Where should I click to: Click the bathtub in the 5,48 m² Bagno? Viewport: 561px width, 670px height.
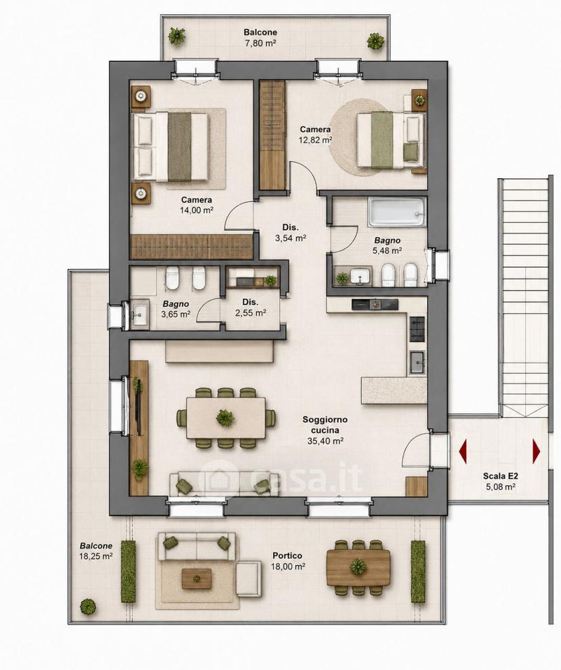point(397,212)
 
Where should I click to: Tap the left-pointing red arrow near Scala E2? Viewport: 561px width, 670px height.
point(463,451)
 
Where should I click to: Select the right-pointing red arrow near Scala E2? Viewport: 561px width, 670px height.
point(537,451)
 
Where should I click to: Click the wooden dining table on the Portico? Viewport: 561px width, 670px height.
point(358,567)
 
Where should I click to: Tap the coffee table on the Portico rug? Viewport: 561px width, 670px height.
point(196,579)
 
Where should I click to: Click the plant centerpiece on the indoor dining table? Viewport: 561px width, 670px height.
point(225,417)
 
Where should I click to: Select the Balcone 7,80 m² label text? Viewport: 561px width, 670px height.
point(260,37)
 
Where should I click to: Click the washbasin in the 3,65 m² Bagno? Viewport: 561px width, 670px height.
point(140,314)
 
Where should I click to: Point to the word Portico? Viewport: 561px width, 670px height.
point(287,556)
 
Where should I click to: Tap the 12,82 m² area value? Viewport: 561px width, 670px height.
point(315,140)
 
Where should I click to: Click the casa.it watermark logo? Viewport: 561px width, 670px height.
point(281,478)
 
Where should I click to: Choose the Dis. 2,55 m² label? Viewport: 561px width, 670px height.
point(251,308)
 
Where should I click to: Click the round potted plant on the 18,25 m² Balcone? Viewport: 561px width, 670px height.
point(87,606)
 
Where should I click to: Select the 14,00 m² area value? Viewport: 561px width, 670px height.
point(196,210)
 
